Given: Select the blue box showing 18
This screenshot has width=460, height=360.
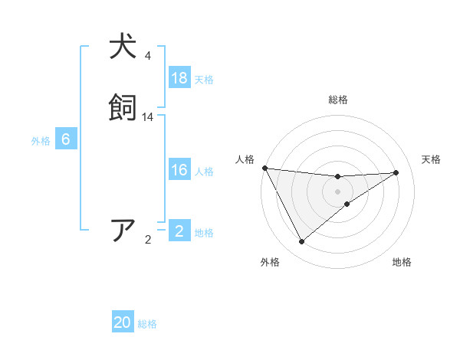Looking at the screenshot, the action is click(179, 77).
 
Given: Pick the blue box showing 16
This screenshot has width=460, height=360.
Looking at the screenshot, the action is click(179, 171).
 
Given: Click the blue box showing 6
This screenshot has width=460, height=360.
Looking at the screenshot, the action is click(66, 139).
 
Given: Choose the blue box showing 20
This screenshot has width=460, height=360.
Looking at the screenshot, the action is click(123, 323).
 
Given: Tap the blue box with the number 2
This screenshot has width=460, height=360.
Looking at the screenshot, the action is click(179, 231).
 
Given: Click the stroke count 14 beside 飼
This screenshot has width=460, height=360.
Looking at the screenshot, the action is click(148, 117).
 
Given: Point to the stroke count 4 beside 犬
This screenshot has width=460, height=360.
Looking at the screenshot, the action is click(148, 56).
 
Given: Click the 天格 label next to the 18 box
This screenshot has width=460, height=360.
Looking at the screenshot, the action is click(204, 79).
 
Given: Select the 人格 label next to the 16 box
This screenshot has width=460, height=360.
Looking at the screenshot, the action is click(204, 172).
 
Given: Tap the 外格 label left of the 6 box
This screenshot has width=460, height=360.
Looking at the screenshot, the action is click(41, 141).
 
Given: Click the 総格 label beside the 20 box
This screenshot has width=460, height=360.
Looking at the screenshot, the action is click(147, 325).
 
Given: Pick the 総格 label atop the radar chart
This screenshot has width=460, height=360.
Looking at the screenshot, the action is click(337, 100).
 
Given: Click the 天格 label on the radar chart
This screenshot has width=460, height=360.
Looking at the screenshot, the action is click(432, 159).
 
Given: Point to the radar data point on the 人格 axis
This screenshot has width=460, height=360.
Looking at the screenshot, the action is click(264, 168).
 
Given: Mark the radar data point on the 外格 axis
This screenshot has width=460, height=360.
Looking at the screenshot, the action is click(301, 242).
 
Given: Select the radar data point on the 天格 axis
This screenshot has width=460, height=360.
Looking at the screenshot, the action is click(396, 172).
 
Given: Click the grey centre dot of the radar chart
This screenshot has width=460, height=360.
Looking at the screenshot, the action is click(337, 191).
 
